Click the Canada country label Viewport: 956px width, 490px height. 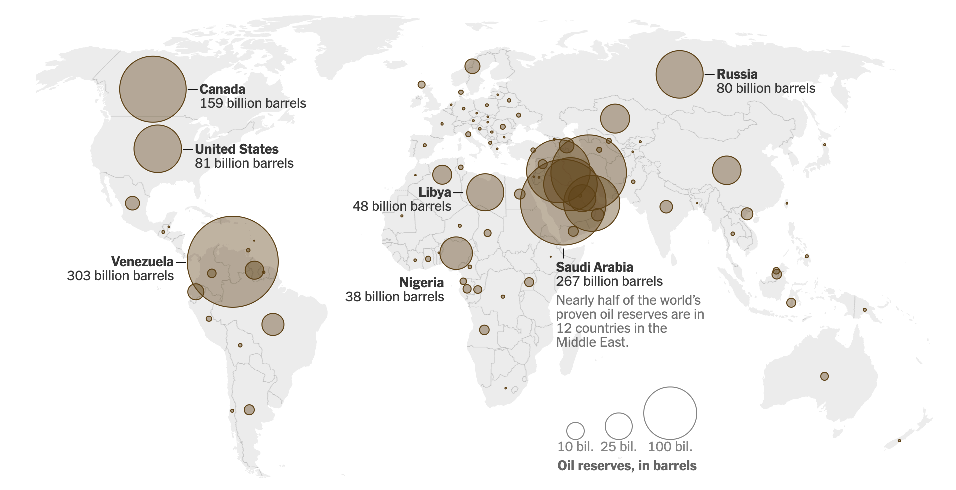pyautogui.click(x=222, y=89)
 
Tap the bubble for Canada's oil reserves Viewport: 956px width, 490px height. pyautogui.click(x=153, y=89)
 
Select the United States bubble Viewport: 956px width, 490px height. pyautogui.click(x=157, y=149)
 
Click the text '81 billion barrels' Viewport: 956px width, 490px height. pyautogui.click(x=244, y=163)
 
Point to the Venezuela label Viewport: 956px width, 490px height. pyautogui.click(x=142, y=262)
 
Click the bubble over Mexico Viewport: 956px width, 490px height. pyautogui.click(x=132, y=203)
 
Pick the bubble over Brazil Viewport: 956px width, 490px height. pyautogui.click(x=273, y=325)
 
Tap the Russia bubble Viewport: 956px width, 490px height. pyautogui.click(x=679, y=74)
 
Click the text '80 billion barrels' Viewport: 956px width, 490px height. pyautogui.click(x=765, y=88)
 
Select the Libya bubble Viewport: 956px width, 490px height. pyautogui.click(x=485, y=192)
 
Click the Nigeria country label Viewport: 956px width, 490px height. pyautogui.click(x=421, y=283)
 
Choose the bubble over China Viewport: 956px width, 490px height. pyautogui.click(x=726, y=170)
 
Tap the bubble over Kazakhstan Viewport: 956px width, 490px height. pyautogui.click(x=615, y=118)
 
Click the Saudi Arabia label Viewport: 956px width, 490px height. pyautogui.click(x=594, y=267)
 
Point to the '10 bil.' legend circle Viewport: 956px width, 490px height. pyautogui.click(x=575, y=431)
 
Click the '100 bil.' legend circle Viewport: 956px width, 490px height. pyautogui.click(x=670, y=413)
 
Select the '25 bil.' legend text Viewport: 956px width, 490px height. pyautogui.click(x=618, y=447)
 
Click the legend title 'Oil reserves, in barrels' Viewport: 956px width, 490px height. pyautogui.click(x=627, y=466)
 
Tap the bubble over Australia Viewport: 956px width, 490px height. pyautogui.click(x=824, y=376)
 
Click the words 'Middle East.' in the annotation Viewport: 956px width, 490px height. pyautogui.click(x=592, y=342)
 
